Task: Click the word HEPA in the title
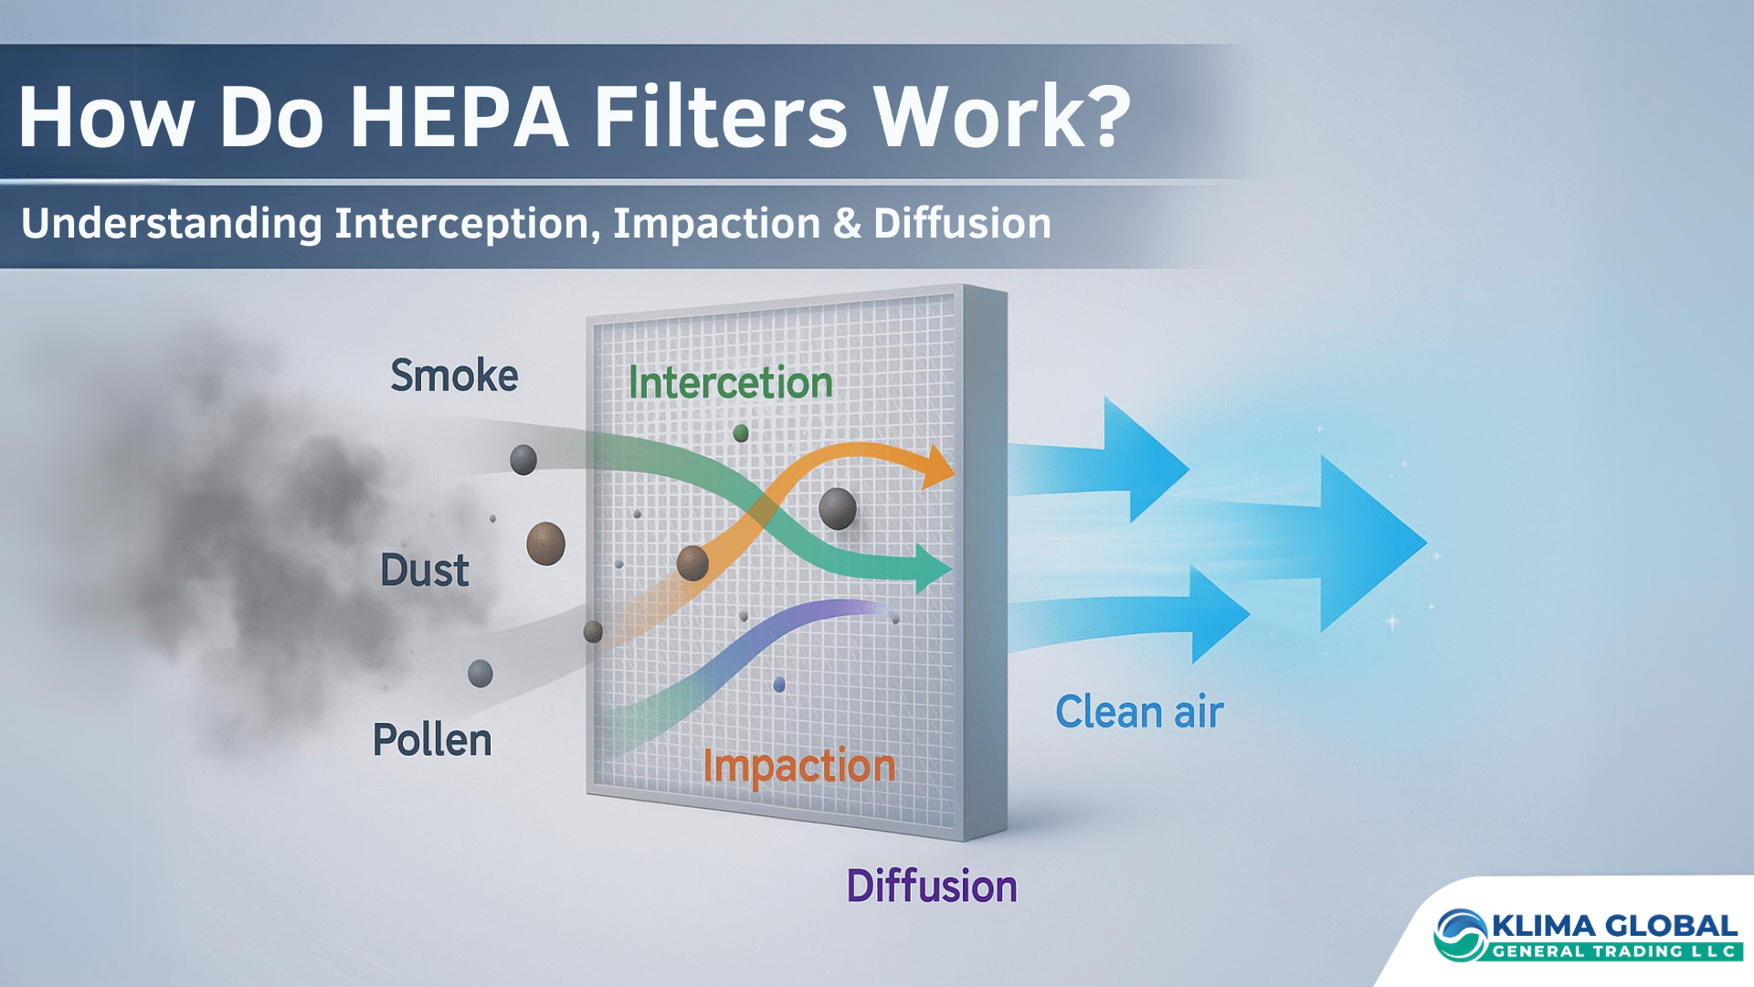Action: pos(460,116)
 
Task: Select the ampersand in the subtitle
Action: pos(847,224)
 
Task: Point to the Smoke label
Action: pos(454,376)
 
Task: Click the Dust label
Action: pos(425,570)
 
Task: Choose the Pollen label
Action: pos(432,739)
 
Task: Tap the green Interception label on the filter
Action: pos(731,382)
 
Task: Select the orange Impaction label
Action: pos(799,767)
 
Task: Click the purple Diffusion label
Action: pos(932,886)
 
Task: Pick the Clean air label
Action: pos(1139,712)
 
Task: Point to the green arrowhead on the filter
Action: pos(933,568)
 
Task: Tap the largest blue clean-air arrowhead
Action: pos(1370,543)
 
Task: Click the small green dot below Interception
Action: pos(741,432)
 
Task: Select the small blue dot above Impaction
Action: pos(779,685)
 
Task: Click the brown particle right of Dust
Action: pos(545,544)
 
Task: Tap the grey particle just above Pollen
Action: pos(481,674)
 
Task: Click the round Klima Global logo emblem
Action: pos(1461,935)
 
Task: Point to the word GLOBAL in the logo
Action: pos(1671,927)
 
